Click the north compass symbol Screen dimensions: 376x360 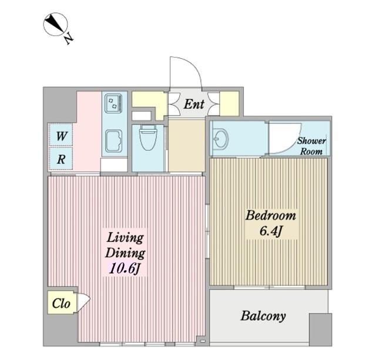pyautogui.click(x=56, y=25)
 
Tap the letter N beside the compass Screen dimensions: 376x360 pyautogui.click(x=69, y=38)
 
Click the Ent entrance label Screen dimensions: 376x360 pyautogui.click(x=194, y=105)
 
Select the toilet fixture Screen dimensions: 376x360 pyautogui.click(x=148, y=137)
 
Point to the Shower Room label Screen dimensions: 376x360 pyautogui.click(x=311, y=146)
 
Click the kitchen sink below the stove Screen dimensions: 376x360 pyautogui.click(x=113, y=141)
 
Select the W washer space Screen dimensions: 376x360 pyautogui.click(x=61, y=136)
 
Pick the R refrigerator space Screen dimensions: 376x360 pyautogui.click(x=61, y=159)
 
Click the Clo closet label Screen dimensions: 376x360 pyautogui.click(x=61, y=304)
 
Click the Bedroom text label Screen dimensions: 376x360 pyautogui.click(x=271, y=216)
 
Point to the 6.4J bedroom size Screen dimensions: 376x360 pyautogui.click(x=270, y=231)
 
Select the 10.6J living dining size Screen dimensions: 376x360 pyautogui.click(x=124, y=269)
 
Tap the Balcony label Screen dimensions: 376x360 pyautogui.click(x=263, y=316)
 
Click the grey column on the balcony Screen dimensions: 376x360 pyautogui.click(x=320, y=329)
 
